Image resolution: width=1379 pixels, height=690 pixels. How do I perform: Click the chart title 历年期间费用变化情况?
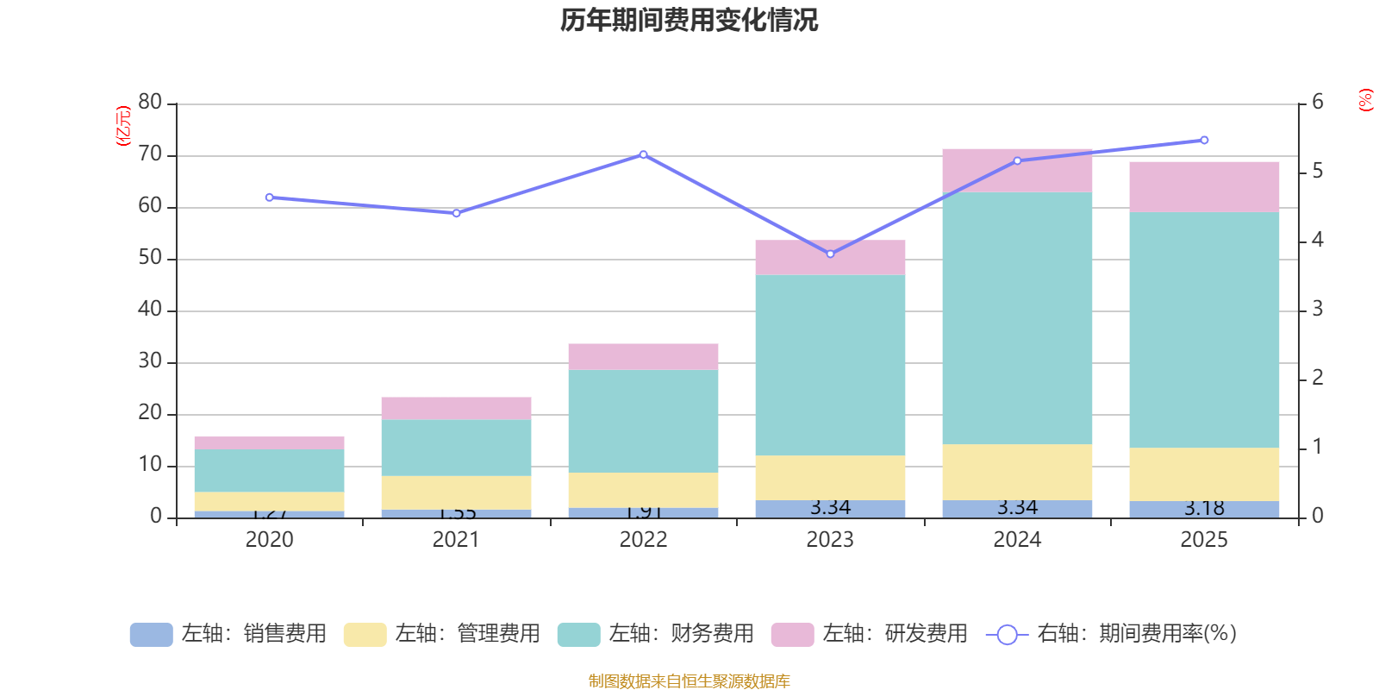point(689,20)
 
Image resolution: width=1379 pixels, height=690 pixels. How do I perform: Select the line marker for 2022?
point(643,154)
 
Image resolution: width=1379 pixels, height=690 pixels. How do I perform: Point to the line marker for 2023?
point(830,254)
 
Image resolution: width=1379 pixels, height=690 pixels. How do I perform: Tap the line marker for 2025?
point(1204,140)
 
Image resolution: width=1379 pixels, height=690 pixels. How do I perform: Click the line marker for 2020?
point(269,198)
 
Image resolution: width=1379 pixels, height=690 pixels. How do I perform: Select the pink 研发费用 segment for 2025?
point(1204,186)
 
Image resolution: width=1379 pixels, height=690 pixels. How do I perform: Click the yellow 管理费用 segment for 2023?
point(830,477)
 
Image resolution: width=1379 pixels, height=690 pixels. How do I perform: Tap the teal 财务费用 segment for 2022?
point(643,421)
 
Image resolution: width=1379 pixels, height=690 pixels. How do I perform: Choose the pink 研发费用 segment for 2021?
point(456,408)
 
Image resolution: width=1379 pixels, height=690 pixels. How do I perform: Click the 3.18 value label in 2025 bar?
point(1204,508)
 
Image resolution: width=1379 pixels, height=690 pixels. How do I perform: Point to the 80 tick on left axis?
point(150,103)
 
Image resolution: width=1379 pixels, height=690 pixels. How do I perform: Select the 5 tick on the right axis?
point(1317,172)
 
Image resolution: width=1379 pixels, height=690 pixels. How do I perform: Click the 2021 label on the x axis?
point(456,540)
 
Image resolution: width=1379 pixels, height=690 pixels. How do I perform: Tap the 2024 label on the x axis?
point(1017,540)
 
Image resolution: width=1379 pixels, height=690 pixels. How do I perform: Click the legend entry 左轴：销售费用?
point(228,634)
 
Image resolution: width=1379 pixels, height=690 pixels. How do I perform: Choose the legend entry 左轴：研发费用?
point(870,634)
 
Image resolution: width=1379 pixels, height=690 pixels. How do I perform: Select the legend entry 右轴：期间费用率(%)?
point(1112,634)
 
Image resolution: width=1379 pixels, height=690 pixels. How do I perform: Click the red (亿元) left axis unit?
point(123,126)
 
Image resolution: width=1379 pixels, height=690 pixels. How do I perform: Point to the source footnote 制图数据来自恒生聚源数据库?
point(689,681)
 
